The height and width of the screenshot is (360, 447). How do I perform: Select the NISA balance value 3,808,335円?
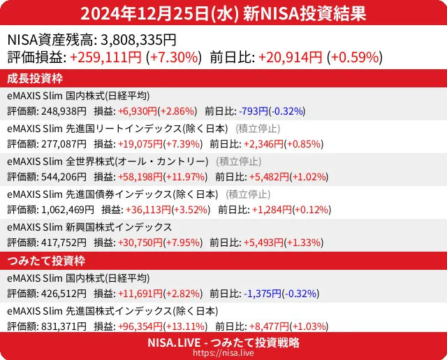138,41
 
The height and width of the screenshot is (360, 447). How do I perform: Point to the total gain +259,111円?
106,57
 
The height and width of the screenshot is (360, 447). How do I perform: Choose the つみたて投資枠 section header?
45,261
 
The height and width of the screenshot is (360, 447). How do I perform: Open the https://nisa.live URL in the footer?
223,353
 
